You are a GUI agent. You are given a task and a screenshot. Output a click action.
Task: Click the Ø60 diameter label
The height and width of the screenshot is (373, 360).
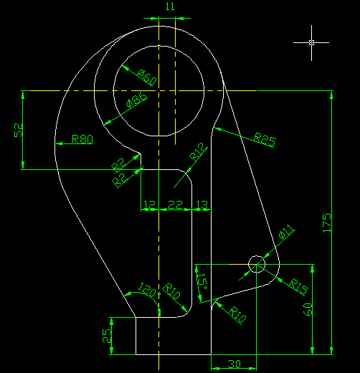(x=147, y=77)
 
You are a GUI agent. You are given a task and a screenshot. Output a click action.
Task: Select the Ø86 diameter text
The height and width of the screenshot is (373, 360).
(x=136, y=100)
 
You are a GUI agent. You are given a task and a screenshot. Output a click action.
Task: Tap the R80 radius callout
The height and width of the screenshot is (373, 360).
(x=82, y=139)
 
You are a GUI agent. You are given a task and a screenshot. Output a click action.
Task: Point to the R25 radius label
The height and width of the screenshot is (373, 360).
(x=265, y=140)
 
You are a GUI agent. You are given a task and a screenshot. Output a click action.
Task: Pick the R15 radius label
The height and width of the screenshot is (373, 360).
(x=298, y=287)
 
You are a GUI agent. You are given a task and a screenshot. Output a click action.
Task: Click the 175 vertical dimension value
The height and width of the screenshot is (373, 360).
(x=327, y=223)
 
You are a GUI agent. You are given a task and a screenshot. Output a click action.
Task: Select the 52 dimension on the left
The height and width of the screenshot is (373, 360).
(x=19, y=130)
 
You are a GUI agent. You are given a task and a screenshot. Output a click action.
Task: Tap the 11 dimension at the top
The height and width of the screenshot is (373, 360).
(x=170, y=6)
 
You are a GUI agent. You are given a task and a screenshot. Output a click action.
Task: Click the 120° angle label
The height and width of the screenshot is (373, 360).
(x=147, y=290)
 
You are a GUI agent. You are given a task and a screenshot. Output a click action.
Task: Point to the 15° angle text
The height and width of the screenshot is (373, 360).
(x=202, y=281)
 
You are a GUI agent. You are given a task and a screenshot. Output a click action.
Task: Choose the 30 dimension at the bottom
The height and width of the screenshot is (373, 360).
(x=234, y=364)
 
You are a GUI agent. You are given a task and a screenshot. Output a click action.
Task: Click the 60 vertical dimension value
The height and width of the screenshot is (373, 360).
(x=308, y=309)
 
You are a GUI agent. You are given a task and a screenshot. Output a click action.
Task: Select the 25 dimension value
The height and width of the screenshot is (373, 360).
(x=107, y=336)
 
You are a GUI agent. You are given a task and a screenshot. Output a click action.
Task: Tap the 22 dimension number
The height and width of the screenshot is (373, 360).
(x=175, y=204)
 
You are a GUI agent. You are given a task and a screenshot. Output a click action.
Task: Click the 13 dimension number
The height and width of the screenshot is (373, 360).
(x=202, y=204)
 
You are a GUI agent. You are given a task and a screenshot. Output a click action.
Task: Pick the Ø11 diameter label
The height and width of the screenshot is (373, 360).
(x=286, y=232)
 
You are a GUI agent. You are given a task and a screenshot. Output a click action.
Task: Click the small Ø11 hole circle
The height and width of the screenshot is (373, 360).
(x=248, y=264)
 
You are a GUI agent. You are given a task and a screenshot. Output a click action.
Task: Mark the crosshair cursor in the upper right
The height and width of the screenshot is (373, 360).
(x=311, y=43)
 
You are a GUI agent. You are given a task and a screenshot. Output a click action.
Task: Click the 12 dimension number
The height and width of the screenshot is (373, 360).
(x=149, y=204)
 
